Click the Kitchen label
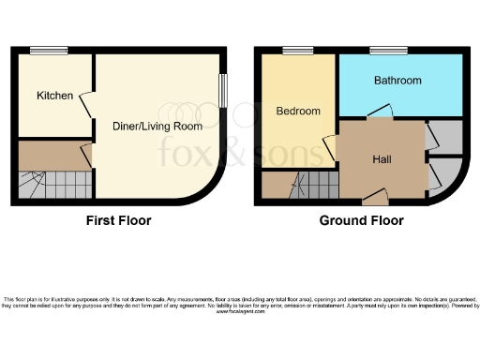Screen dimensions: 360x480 click(x=54, y=96)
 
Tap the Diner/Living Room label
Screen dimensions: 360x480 click(x=158, y=126)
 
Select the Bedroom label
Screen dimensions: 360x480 click(x=298, y=111)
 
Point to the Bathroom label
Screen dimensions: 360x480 click(x=397, y=81)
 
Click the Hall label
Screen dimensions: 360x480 click(x=382, y=159)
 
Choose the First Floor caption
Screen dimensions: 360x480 click(x=118, y=221)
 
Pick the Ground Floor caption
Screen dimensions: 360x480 click(x=362, y=221)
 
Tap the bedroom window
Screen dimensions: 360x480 click(x=298, y=51)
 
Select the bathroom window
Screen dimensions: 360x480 click(x=388, y=51)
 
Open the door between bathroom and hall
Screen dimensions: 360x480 click(x=380, y=114)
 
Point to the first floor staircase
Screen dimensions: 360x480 click(x=54, y=184)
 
